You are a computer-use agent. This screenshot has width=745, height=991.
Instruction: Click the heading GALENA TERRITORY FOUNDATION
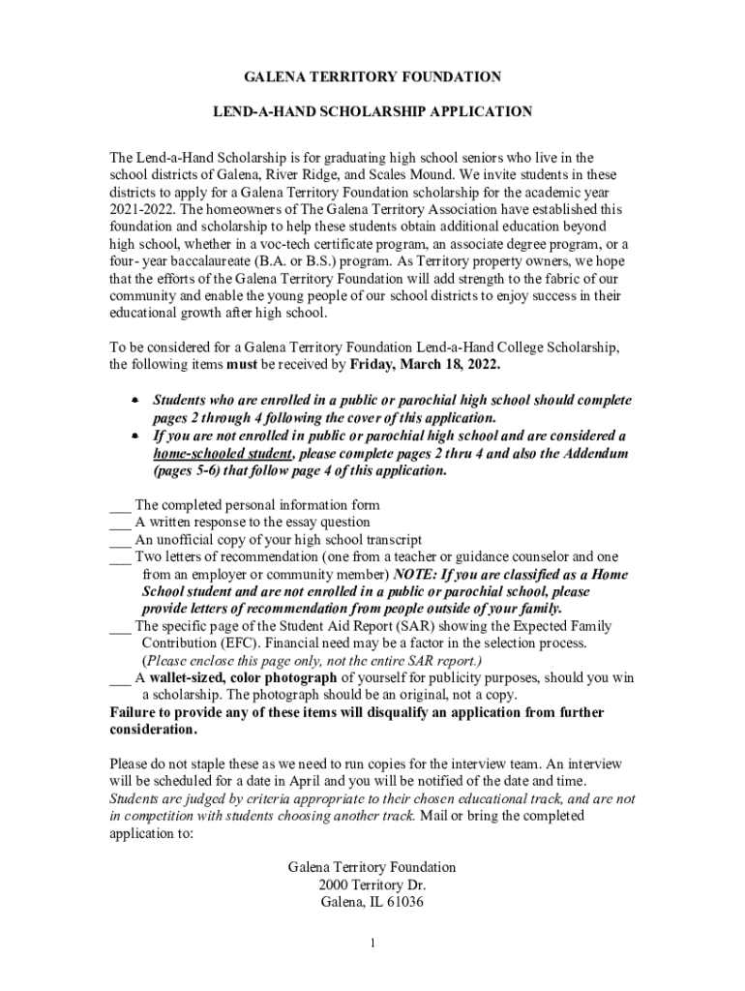[x=372, y=76]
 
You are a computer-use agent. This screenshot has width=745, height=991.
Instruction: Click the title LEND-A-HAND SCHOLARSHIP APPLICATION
[x=372, y=112]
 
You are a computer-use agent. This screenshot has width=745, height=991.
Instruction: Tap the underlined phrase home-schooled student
[x=223, y=454]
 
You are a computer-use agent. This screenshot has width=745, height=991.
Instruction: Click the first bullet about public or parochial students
[x=135, y=400]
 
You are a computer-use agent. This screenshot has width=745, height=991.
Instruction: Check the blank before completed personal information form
[x=120, y=506]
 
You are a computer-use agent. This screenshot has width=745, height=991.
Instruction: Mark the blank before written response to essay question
[x=120, y=524]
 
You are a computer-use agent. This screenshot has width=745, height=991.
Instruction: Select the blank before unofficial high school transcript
[x=120, y=541]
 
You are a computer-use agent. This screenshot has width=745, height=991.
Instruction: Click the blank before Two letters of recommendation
[x=120, y=558]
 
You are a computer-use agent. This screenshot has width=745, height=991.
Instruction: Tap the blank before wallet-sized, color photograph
[x=120, y=678]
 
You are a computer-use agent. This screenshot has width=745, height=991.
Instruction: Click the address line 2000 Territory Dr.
[x=372, y=886]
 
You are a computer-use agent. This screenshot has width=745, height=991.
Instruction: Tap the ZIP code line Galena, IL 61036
[x=372, y=903]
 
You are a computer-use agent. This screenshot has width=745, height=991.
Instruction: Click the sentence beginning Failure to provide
[x=356, y=713]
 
